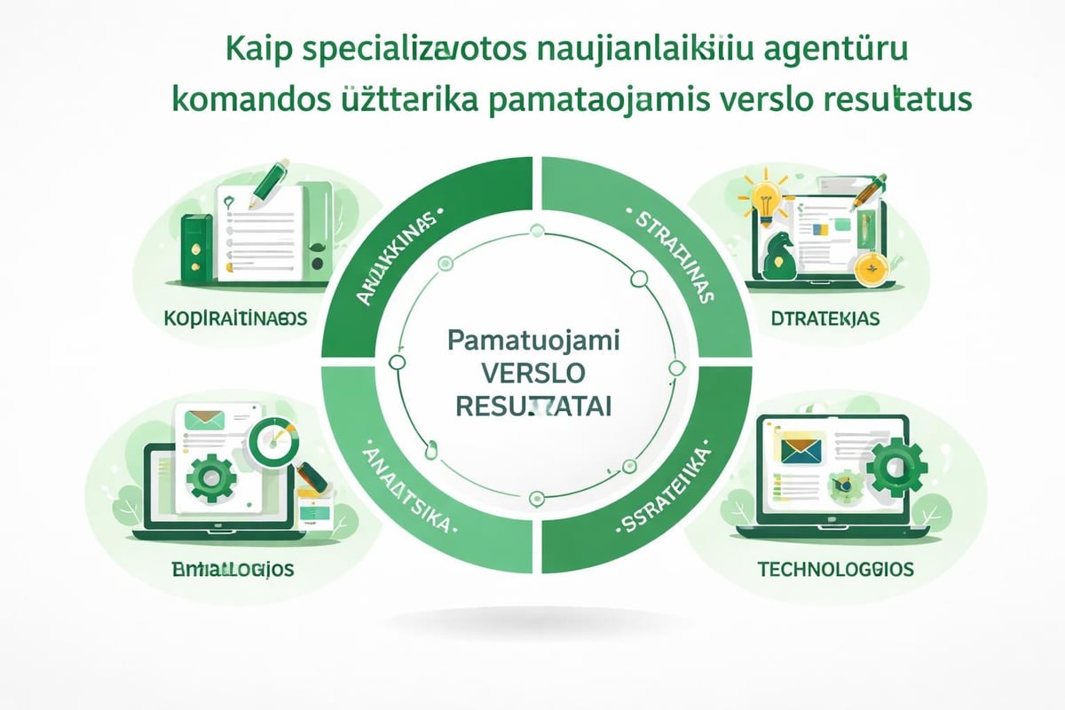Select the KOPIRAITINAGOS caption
(x=235, y=319)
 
